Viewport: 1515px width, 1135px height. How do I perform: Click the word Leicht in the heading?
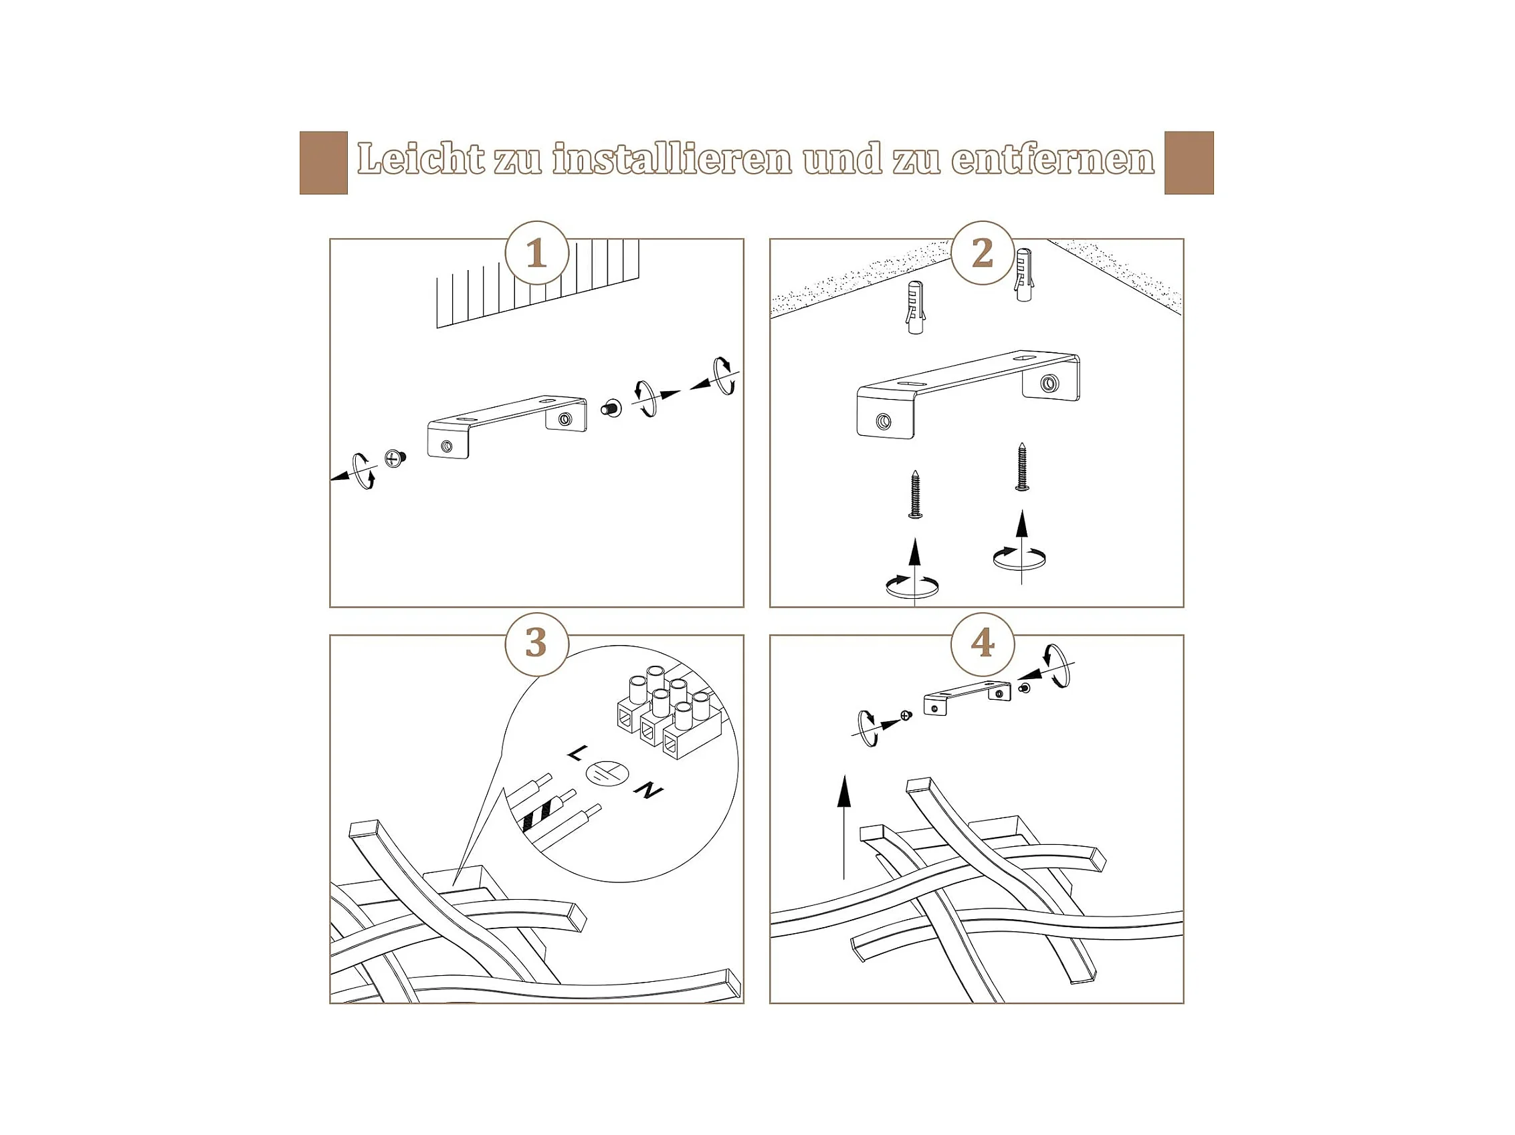coord(421,159)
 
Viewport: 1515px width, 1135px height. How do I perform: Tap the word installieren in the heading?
coord(672,159)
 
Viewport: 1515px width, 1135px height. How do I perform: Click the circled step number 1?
coord(537,253)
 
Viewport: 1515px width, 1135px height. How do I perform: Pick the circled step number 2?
coord(983,253)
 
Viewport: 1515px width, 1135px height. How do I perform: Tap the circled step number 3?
coord(537,644)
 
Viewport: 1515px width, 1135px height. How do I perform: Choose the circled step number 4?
coord(983,644)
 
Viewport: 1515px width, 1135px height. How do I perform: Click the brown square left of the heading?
coord(324,163)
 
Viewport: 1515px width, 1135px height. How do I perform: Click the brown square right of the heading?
coord(1189,163)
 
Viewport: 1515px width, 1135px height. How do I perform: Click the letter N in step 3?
coord(649,791)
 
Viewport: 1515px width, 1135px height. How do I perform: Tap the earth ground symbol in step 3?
coord(607,773)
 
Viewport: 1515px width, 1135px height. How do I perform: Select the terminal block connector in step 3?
coord(668,712)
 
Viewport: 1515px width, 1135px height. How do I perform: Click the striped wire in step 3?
coord(547,812)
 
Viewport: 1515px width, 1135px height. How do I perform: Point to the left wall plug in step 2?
coord(916,307)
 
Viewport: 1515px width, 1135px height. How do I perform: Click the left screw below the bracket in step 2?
coord(915,493)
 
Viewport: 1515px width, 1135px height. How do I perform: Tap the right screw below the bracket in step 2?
coord(1022,466)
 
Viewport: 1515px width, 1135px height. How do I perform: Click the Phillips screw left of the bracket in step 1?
coord(395,458)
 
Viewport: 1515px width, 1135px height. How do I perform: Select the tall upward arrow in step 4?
coord(844,827)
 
